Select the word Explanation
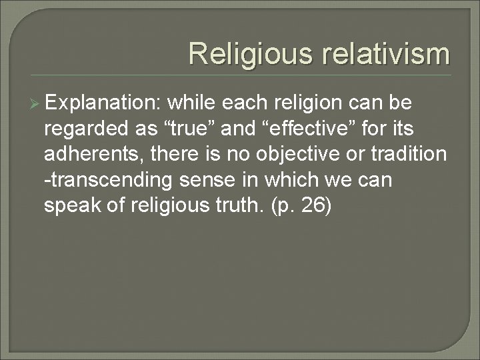[x=103, y=104]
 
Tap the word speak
[x=70, y=205]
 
